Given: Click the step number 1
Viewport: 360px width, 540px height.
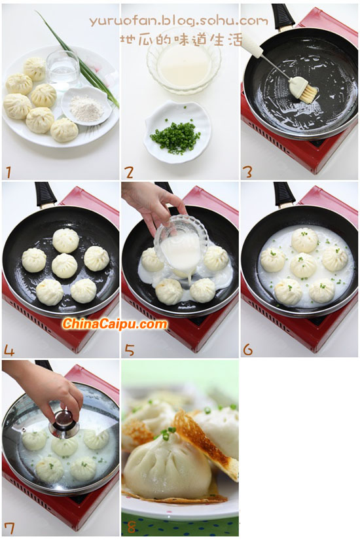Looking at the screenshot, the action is [x=9, y=172].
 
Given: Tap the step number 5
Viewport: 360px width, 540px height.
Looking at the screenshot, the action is [x=130, y=350].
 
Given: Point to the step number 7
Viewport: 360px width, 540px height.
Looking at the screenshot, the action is [x=9, y=528].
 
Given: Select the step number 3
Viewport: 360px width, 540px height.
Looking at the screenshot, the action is [x=247, y=172].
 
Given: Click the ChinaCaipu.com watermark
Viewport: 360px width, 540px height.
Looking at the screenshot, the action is [x=115, y=324].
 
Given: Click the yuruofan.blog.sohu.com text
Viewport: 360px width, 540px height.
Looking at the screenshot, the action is [x=179, y=22].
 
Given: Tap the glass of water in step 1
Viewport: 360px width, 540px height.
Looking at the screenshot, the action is [x=63, y=67].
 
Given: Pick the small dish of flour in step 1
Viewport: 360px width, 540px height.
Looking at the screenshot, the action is [x=86, y=105].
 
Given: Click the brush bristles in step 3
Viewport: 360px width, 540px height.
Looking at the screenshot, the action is [x=308, y=94].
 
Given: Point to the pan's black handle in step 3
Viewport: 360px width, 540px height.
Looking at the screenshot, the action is [x=282, y=15].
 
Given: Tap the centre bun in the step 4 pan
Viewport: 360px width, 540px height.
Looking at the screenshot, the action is [x=64, y=266].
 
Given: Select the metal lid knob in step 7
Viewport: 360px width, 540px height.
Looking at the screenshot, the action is [x=63, y=423].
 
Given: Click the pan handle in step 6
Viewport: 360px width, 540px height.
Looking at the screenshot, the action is [x=284, y=194].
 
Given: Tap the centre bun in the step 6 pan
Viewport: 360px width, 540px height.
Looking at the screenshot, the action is [x=303, y=265].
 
